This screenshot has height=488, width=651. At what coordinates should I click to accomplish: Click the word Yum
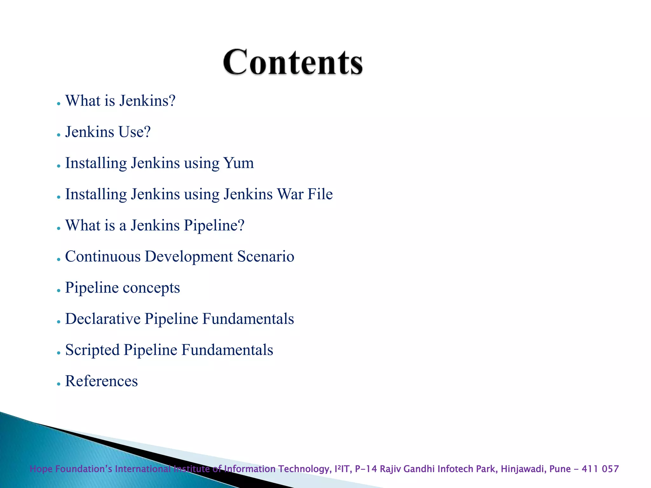pyautogui.click(x=238, y=163)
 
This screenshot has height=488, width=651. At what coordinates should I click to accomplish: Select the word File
pyautogui.click(x=320, y=194)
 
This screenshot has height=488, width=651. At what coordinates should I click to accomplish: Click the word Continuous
pyautogui.click(x=103, y=256)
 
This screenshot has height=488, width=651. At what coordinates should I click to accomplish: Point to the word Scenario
pyautogui.click(x=266, y=256)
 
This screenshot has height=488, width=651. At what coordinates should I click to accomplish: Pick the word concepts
pyautogui.click(x=151, y=288)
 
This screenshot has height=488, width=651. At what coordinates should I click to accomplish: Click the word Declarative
pyautogui.click(x=103, y=319)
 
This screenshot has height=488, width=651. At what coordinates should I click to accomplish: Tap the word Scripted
pyautogui.click(x=92, y=350)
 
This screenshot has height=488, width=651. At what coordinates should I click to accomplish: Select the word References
pyautogui.click(x=101, y=381)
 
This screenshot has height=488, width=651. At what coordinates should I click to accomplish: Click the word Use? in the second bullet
pyautogui.click(x=134, y=132)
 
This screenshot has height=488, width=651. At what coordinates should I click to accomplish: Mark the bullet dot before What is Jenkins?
pyautogui.click(x=58, y=104)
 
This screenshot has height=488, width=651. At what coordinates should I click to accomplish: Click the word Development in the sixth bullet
pyautogui.click(x=189, y=256)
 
